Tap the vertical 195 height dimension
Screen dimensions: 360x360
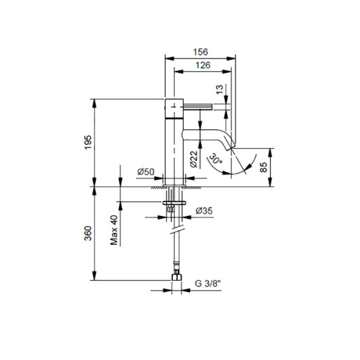point(88,143)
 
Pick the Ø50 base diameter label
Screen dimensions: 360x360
point(146,172)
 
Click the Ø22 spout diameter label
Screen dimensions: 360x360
point(194,157)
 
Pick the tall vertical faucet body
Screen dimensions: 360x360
point(173,147)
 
